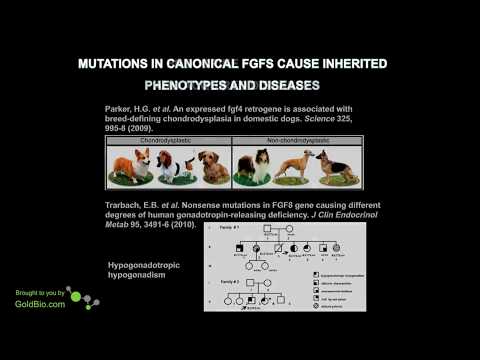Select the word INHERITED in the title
click(x=352, y=64)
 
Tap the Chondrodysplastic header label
click(x=168, y=140)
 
